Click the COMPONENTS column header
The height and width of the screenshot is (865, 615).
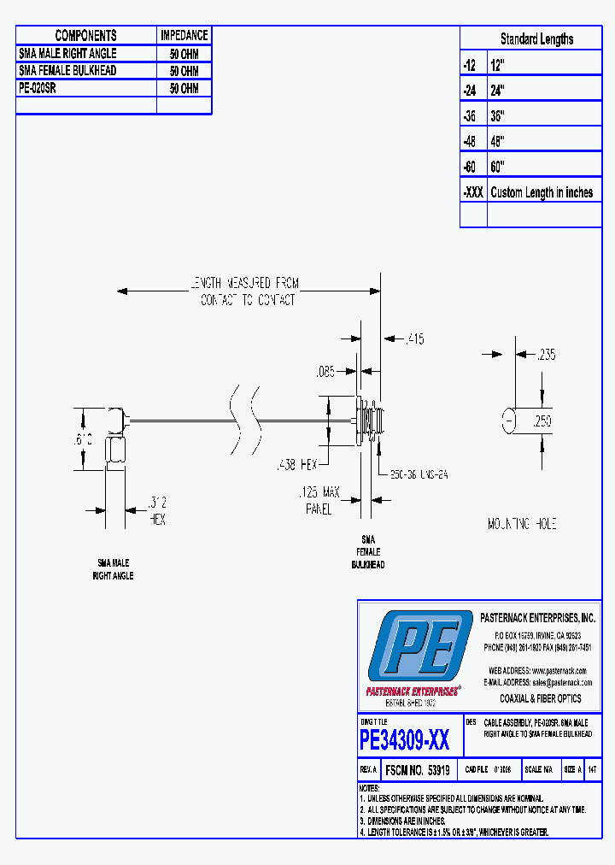[x=85, y=35]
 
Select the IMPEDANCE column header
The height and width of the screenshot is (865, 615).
[x=184, y=35]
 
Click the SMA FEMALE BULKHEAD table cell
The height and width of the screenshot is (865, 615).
[x=67, y=70]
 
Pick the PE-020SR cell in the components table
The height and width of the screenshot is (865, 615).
[x=38, y=88]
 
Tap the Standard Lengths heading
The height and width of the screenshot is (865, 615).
[x=536, y=38]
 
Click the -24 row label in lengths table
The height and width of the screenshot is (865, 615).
[x=472, y=89]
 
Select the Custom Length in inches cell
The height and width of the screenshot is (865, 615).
[x=542, y=192]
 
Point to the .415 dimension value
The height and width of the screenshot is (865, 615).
[x=414, y=339]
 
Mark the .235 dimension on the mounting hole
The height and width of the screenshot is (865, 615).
[x=544, y=354]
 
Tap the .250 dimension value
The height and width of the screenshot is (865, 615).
[x=543, y=421]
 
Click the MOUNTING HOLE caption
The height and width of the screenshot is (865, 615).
[x=522, y=523]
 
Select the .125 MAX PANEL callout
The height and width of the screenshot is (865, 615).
[x=318, y=499]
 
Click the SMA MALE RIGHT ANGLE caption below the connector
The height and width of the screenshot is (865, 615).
[x=113, y=569]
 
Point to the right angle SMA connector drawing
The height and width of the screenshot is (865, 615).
[x=115, y=436]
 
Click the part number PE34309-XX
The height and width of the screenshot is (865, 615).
[x=404, y=738]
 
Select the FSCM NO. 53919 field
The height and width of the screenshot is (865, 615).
[x=418, y=769]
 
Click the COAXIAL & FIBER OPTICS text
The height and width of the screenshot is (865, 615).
[x=541, y=698]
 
